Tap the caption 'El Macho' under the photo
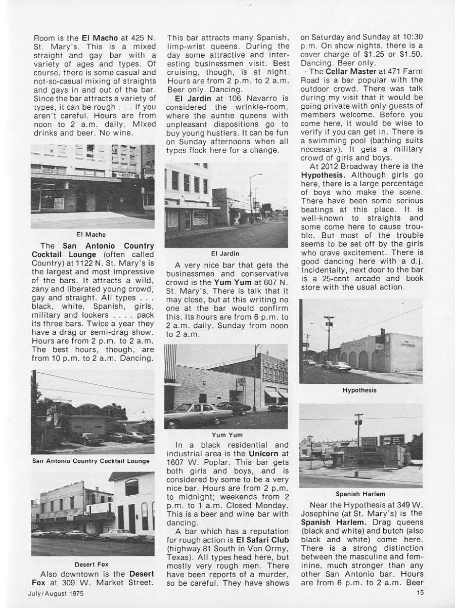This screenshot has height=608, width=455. coord(91,235)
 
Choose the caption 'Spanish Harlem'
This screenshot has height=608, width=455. coord(360,494)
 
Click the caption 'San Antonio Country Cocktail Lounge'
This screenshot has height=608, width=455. coord(91,461)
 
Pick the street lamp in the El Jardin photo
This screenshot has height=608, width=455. coord(251,197)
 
